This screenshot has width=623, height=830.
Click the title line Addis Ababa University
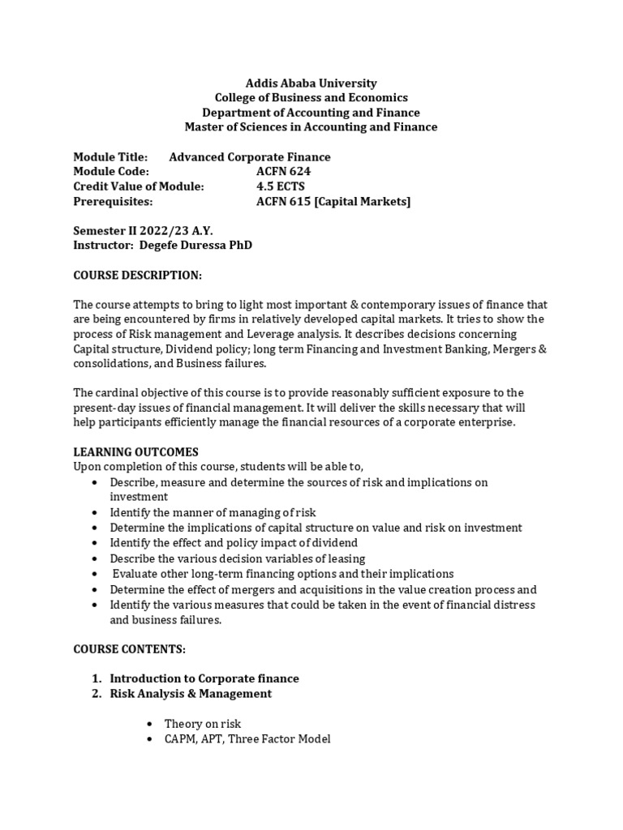(311, 83)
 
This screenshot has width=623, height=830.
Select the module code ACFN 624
(283, 172)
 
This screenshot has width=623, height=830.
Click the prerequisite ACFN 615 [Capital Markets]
(333, 201)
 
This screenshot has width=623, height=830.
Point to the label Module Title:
(110, 157)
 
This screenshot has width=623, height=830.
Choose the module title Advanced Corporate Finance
(249, 157)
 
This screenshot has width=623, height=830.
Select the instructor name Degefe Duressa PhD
(195, 246)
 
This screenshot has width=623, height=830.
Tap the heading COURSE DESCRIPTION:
(137, 275)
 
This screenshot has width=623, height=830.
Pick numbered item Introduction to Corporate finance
(204, 678)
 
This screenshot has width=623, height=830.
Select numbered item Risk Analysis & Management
(191, 694)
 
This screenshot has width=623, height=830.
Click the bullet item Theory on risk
(203, 724)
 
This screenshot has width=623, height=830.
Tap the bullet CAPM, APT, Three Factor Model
(247, 738)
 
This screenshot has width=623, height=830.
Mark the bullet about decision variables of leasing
(238, 558)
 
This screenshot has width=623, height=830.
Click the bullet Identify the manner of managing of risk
(213, 512)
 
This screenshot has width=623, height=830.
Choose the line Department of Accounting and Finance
(311, 113)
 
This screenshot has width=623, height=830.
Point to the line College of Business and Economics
(311, 97)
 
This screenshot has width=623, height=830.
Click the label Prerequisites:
(113, 201)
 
